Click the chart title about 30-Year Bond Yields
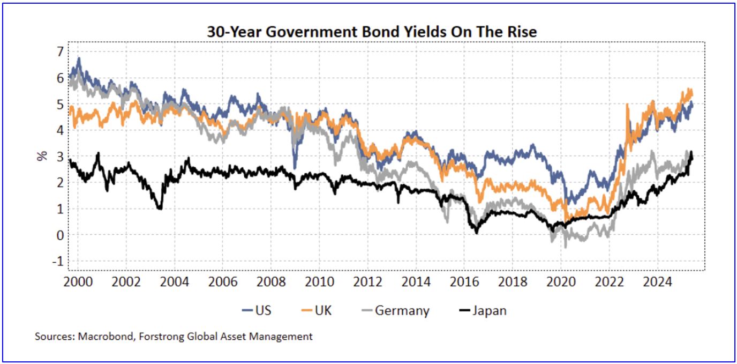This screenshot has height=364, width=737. tap(372, 33)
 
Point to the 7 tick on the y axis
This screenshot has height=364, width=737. tap(60, 51)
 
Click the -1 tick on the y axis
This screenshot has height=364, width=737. tap(58, 261)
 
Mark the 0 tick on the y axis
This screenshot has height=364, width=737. tap(60, 235)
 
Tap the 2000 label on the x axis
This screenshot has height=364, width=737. tap(78, 281)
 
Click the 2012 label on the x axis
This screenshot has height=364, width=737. tap(368, 281)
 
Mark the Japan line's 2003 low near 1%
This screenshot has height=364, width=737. tap(160, 208)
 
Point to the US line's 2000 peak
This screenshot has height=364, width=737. tap(79, 58)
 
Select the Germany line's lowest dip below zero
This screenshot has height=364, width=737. tap(566, 247)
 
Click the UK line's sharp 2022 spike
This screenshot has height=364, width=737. tap(627, 105)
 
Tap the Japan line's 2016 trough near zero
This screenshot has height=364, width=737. tap(476, 232)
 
